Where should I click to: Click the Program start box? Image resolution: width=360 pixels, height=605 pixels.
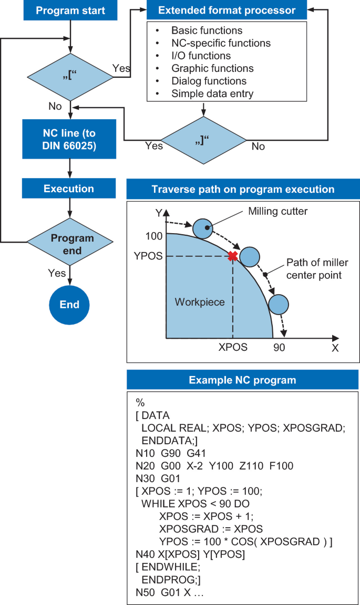click(x=70, y=11)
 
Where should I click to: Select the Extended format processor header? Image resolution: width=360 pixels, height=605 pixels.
click(x=227, y=11)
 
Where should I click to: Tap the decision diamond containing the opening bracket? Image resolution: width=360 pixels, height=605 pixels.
click(x=69, y=78)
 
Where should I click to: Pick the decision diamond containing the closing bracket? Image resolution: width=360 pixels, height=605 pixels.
click(x=203, y=140)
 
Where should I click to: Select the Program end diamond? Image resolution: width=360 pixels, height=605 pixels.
click(x=70, y=244)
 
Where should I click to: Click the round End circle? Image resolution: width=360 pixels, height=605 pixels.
click(x=70, y=305)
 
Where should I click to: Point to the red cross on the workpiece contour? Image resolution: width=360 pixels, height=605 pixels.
click(x=232, y=256)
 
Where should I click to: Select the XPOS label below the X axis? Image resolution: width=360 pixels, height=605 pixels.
click(x=233, y=347)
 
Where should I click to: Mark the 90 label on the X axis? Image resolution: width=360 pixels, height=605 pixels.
click(x=279, y=347)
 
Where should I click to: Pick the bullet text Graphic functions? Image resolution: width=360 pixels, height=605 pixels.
click(x=212, y=69)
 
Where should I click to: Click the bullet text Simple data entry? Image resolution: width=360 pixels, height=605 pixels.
click(x=212, y=94)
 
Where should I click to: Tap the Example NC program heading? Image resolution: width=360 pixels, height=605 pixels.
click(x=242, y=380)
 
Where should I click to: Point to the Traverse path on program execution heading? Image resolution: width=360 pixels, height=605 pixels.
click(x=242, y=189)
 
